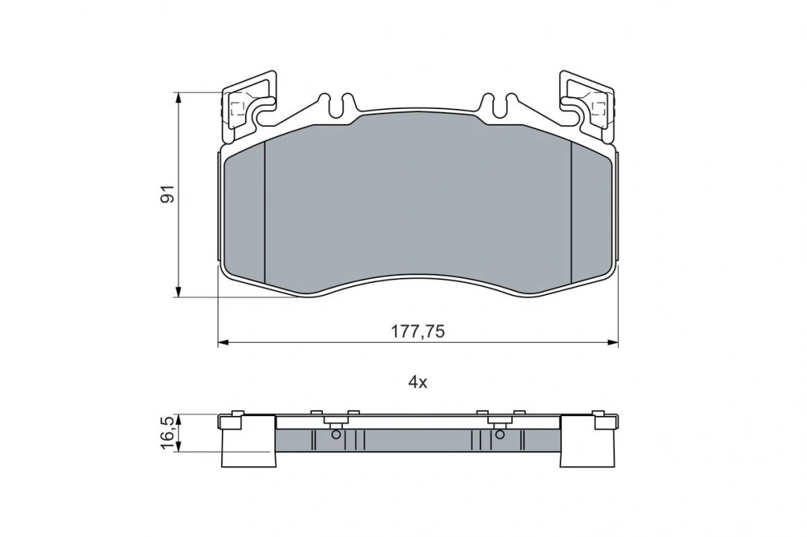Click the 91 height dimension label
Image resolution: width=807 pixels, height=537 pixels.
[x=168, y=194]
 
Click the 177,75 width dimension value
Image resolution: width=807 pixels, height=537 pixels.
[x=418, y=332]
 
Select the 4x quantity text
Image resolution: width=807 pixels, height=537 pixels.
[x=418, y=382]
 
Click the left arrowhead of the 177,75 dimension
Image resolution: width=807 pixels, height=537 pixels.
[x=223, y=342]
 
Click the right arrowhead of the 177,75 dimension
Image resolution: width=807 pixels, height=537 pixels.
[x=613, y=342]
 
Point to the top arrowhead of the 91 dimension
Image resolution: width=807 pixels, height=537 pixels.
[x=179, y=97]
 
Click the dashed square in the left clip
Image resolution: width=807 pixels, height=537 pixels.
[x=238, y=108]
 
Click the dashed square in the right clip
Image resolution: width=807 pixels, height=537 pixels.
[x=599, y=108]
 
